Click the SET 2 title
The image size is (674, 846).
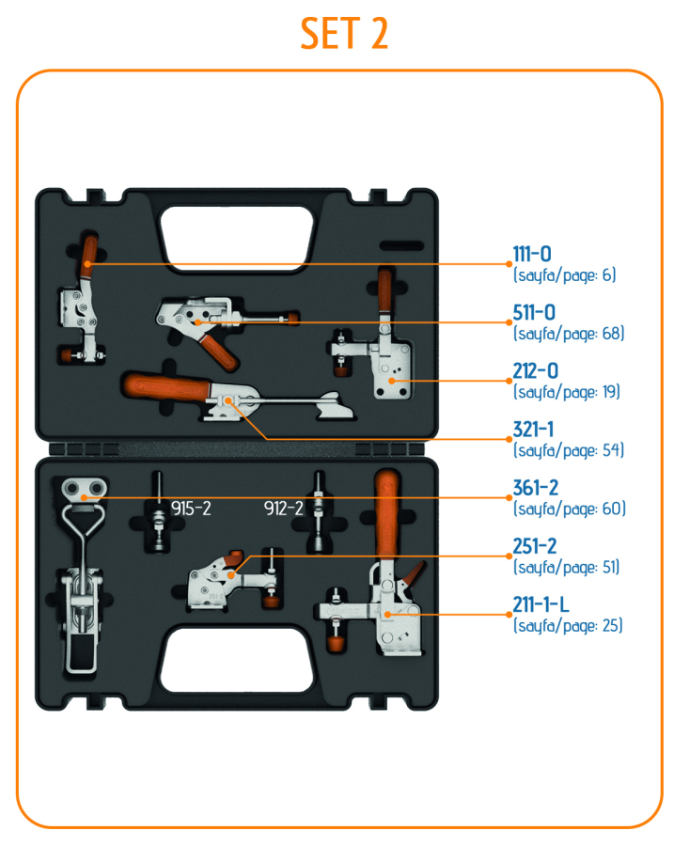[x=344, y=34]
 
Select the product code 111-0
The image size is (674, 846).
[x=532, y=255]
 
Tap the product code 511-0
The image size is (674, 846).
[x=534, y=313]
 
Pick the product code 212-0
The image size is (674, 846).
[x=534, y=371]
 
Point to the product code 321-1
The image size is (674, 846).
[x=533, y=430]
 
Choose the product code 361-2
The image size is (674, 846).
[x=535, y=489]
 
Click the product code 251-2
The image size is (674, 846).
[x=535, y=547]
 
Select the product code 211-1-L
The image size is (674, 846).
[x=541, y=604]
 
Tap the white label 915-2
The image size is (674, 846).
[x=191, y=509]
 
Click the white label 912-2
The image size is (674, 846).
[x=283, y=509]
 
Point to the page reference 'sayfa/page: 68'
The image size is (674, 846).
[x=569, y=333]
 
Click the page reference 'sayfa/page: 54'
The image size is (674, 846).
[x=569, y=449]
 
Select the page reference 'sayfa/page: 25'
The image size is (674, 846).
[x=568, y=624]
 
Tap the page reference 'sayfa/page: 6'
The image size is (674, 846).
[x=564, y=274]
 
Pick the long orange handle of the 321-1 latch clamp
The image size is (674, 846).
[x=165, y=386]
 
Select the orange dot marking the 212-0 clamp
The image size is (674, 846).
[x=396, y=381]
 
